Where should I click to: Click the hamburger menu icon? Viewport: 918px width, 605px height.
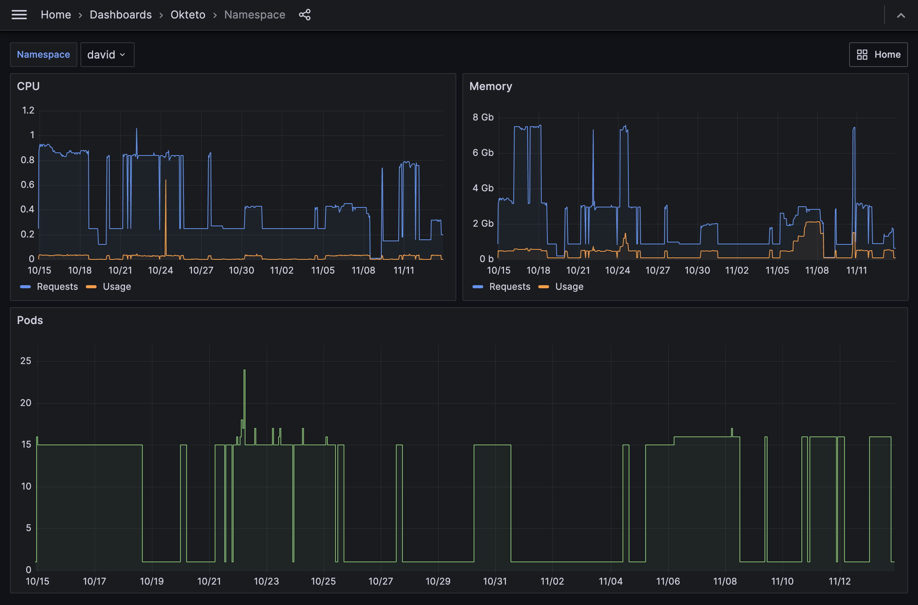coord(19,15)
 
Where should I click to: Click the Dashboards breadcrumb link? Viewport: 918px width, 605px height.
coord(120,15)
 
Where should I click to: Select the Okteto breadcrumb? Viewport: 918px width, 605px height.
coord(188,15)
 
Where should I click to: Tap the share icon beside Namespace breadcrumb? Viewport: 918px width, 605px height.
coord(305,15)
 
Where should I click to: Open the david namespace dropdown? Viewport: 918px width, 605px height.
coord(107,55)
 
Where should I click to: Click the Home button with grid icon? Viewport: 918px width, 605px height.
coord(878,55)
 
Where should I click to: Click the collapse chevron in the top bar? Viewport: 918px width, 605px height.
coord(901,15)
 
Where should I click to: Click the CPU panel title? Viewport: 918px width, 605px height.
coord(28,86)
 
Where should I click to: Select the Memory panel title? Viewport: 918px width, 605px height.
coord(491,86)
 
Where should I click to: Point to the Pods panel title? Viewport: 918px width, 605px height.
coord(30,320)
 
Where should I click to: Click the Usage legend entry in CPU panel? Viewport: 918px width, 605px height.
coord(117,287)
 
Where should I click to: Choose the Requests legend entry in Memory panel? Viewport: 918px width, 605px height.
coord(509,287)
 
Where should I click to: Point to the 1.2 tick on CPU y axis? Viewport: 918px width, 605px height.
coord(28,110)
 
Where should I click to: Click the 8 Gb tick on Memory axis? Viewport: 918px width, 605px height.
coord(483,117)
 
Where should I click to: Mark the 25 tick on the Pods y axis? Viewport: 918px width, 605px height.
coord(26,361)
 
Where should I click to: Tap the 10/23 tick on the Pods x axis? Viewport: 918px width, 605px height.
coord(266,581)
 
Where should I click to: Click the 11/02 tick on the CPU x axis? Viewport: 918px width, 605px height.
coord(282,271)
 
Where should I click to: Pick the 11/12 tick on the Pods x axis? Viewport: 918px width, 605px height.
coord(839,581)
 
